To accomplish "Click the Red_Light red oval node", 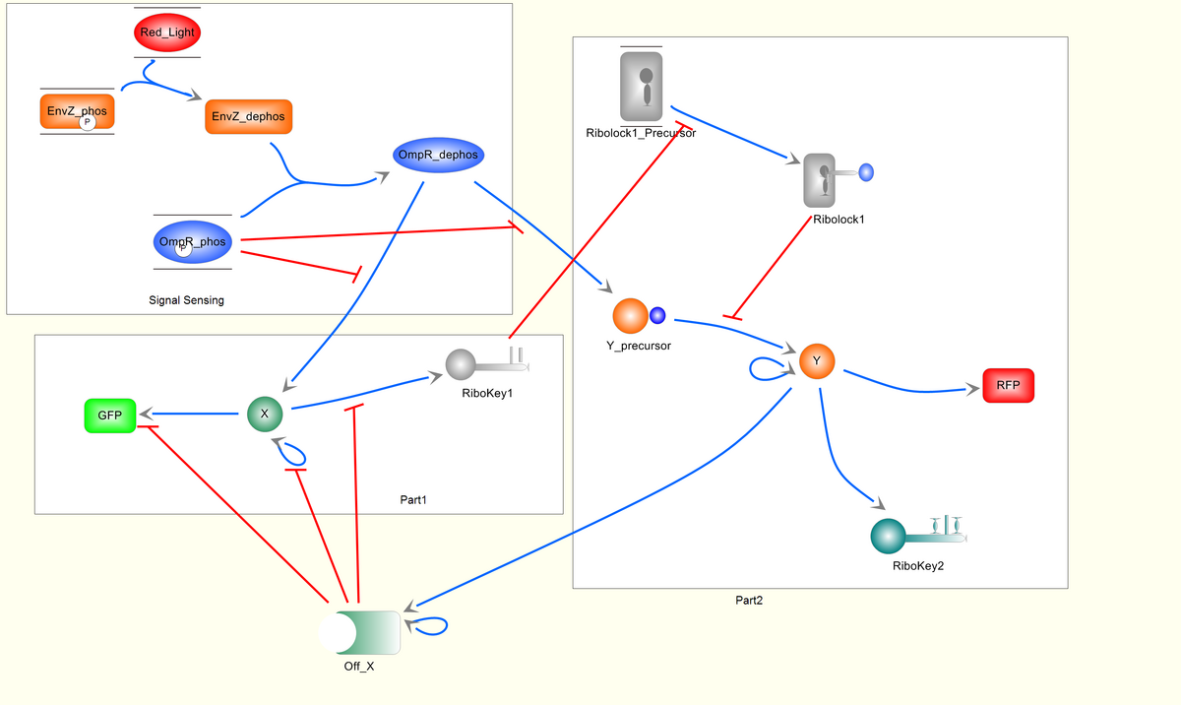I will tap(166, 32).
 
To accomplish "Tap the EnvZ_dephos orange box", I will tap(249, 116).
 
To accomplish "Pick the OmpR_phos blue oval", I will tap(192, 241).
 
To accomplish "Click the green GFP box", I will tap(109, 416).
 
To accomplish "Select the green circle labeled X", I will tap(264, 414).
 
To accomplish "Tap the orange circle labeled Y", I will tap(816, 361).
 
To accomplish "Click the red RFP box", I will tap(1008, 385).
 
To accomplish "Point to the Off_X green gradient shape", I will tap(360, 632).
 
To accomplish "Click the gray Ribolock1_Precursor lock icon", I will tap(641, 87).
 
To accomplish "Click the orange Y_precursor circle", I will tap(631, 316).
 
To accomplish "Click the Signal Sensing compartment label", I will tap(186, 300).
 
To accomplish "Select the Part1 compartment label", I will tap(413, 500).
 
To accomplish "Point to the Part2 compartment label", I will tap(749, 600).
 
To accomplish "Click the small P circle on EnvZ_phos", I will tap(87, 121).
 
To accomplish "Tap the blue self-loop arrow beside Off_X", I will tap(432, 625).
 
